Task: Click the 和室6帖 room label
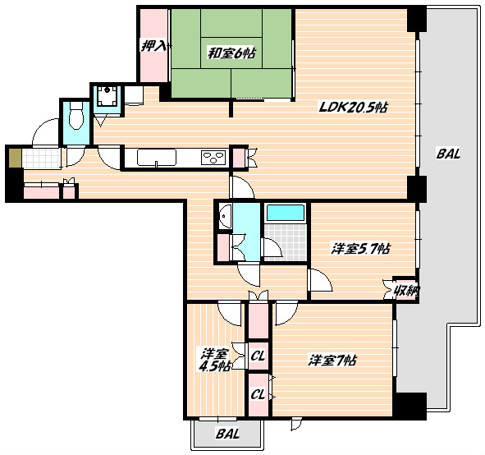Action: click(x=231, y=53)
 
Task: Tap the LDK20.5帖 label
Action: click(x=353, y=108)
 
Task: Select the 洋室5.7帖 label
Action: click(x=360, y=249)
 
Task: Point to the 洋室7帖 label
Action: click(x=332, y=361)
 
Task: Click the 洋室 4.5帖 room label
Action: click(x=214, y=360)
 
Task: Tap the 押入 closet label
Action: click(x=153, y=47)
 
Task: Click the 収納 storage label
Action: click(x=406, y=291)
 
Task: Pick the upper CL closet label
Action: click(x=258, y=356)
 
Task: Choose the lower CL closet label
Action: click(x=258, y=394)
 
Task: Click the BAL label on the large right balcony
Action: click(x=448, y=154)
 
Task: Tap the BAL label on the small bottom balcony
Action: click(x=227, y=434)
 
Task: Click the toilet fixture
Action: click(x=76, y=116)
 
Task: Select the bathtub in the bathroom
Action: click(x=286, y=213)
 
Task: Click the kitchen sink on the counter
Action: click(x=157, y=158)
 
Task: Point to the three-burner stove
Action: click(x=213, y=157)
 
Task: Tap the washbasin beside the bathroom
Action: click(x=225, y=216)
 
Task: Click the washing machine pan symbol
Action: click(x=107, y=95)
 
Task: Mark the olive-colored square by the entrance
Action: click(x=15, y=159)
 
